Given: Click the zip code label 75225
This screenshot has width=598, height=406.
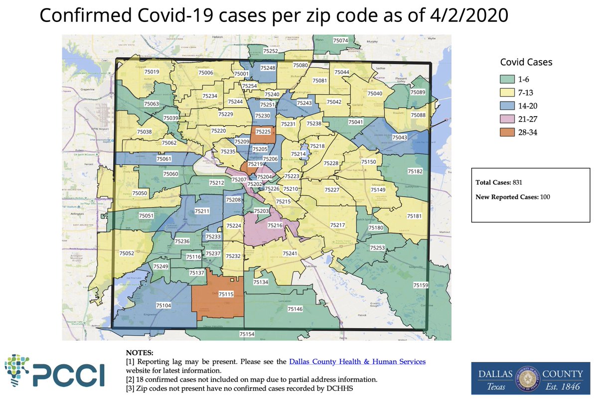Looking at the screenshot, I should pos(263,132).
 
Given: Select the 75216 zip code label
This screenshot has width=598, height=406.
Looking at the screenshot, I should pos(275,226).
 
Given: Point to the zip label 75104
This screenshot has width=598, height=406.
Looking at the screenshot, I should pos(163,305).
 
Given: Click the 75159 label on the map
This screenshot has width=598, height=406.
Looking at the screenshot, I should pos(421,285).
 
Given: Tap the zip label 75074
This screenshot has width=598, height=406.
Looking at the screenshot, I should pos(340,40).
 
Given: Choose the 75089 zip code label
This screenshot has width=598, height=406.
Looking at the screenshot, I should pos(418,93).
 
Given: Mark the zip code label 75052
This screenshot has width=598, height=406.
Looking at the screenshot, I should pos(127,254).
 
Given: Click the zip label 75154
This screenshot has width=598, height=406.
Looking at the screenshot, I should pos(247,334).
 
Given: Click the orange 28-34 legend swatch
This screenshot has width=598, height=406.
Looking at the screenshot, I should pos(507,132).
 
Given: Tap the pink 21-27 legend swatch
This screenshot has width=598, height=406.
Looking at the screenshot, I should pos(507,119).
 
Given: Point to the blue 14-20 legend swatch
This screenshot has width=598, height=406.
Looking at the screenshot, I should pos(507,106).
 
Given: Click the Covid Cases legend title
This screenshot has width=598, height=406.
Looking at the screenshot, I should pos(526,62).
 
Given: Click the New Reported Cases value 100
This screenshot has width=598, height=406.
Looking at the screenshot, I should pos(545,197).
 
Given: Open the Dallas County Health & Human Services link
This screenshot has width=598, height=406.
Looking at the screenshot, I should pos(357,362).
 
